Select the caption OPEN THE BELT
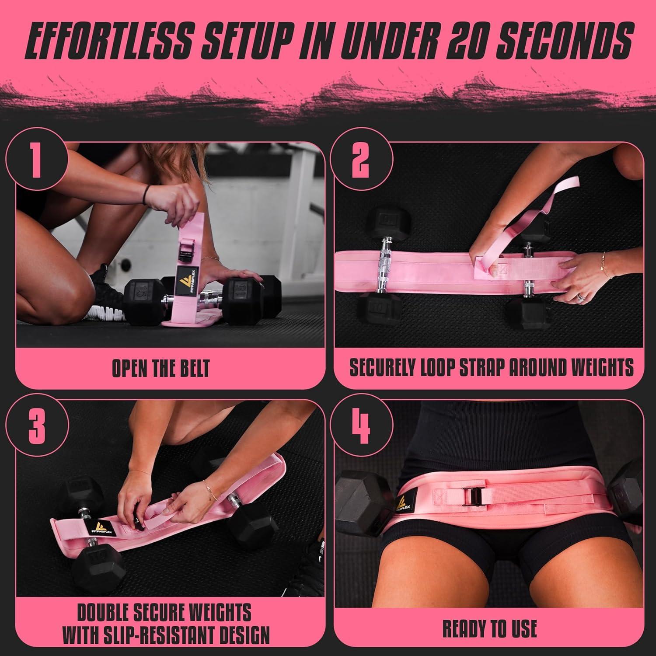pos(161,369)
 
